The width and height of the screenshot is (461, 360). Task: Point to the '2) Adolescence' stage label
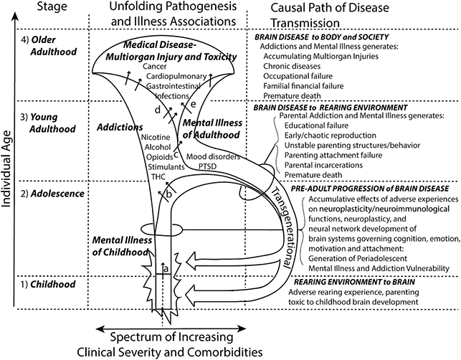pyautogui.click(x=49, y=194)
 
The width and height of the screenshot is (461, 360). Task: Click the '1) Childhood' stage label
pyautogui.click(x=44, y=285)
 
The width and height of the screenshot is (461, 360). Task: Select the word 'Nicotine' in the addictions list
pyautogui.click(x=156, y=137)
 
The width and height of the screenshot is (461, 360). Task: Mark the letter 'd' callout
pyautogui.click(x=157, y=109)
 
